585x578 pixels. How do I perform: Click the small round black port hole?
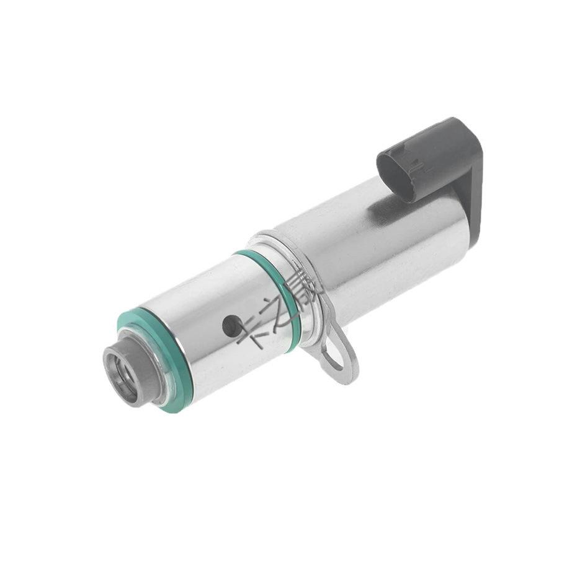point(231,326)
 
